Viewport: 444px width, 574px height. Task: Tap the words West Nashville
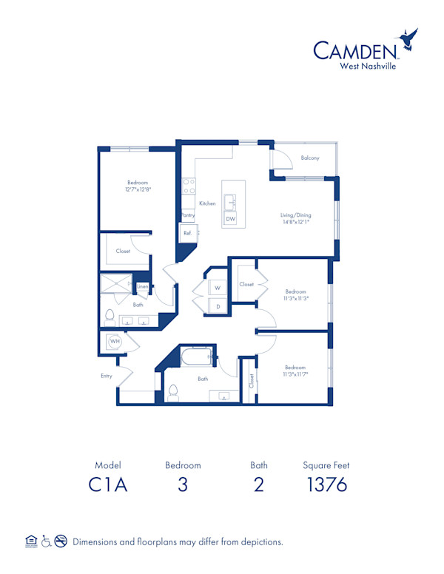[x=368, y=66]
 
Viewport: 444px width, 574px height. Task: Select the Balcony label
[x=310, y=158]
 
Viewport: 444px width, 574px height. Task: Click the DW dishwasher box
[x=231, y=219]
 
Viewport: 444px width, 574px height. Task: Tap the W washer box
[x=218, y=287]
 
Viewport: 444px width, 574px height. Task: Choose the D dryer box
[x=218, y=305]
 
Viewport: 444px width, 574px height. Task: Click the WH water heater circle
[x=115, y=341]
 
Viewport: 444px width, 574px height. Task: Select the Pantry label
[x=188, y=215]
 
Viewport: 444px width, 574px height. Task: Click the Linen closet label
[x=142, y=286]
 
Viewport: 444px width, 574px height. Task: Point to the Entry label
[x=107, y=376]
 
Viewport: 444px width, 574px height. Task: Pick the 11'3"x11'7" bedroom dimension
[x=295, y=374]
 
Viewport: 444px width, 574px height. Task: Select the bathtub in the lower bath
[x=198, y=358]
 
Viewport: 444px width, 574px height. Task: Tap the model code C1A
[x=107, y=484]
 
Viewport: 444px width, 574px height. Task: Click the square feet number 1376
[x=326, y=484]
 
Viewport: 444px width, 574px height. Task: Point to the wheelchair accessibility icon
[x=47, y=541]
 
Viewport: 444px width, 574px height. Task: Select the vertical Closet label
[x=252, y=381]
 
